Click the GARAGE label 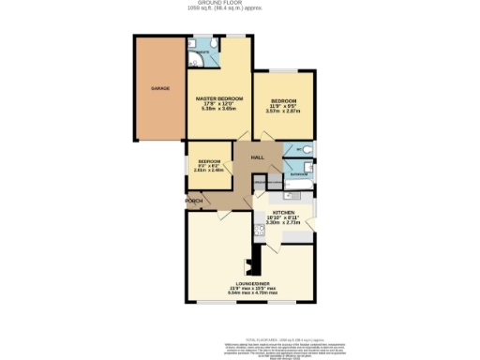[160, 88]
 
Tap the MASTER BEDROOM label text [218, 98]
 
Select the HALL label [256, 159]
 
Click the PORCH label [194, 201]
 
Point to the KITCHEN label [282, 213]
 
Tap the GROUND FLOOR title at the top [239, 4]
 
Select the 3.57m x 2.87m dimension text [283, 111]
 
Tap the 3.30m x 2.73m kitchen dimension [282, 223]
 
